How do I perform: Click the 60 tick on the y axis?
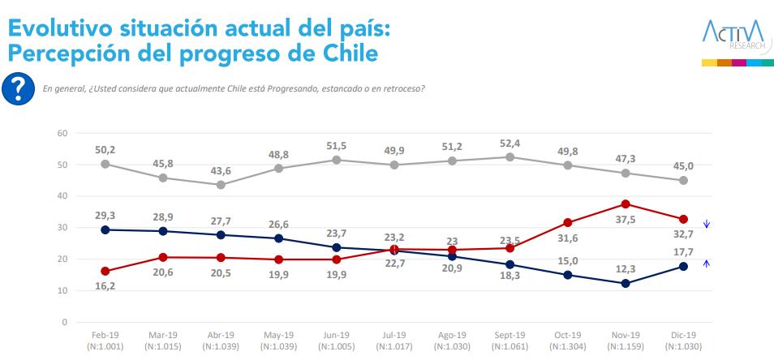point(62,133)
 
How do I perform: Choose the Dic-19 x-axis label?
point(683,335)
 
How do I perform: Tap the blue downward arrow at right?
point(707,224)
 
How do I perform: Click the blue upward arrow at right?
point(707,262)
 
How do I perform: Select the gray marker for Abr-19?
point(221,184)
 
